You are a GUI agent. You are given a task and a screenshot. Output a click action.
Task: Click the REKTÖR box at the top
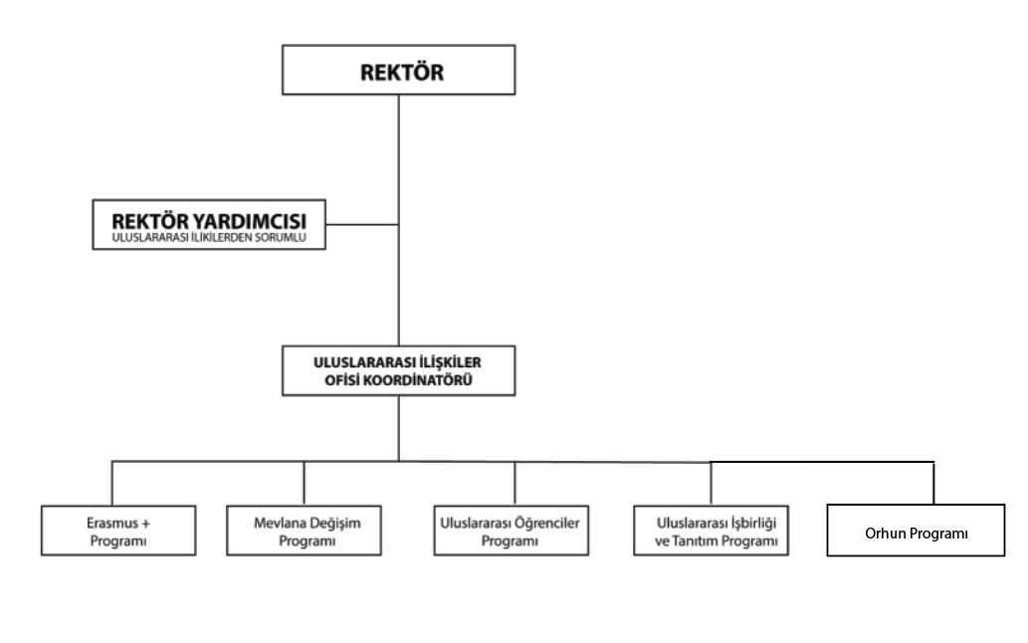(399, 70)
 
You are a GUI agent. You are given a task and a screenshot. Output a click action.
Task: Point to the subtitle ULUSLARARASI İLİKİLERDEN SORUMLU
(208, 238)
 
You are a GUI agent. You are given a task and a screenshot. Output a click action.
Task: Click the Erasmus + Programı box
(118, 531)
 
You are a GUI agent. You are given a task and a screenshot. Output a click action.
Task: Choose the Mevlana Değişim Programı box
(305, 531)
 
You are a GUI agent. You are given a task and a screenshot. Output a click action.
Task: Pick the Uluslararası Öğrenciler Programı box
(512, 531)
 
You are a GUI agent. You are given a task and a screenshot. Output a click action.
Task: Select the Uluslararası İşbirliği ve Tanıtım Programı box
(712, 531)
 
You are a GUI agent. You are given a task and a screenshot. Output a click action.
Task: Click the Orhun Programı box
(916, 531)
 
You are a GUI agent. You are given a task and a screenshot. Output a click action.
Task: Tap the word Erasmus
(112, 523)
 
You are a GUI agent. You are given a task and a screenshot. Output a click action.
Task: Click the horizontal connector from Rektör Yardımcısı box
(362, 224)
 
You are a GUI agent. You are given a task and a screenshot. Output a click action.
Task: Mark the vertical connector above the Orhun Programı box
(933, 483)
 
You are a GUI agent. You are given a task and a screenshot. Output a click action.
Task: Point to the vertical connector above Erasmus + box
(112, 483)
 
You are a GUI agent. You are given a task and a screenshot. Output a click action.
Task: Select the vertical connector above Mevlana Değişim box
(305, 483)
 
